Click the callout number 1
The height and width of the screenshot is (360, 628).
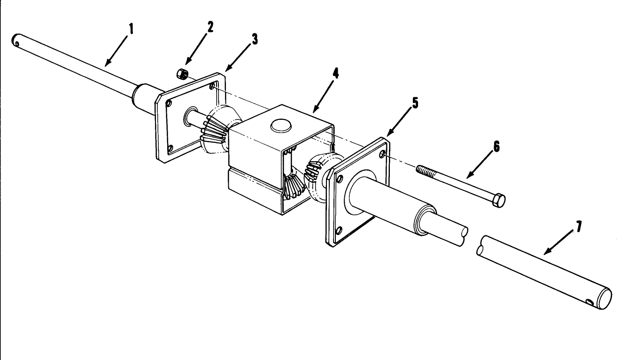point(132,29)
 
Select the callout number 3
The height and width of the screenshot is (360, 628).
point(254,39)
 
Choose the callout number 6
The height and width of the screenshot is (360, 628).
point(497,147)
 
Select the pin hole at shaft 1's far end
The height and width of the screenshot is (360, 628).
point(17,44)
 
